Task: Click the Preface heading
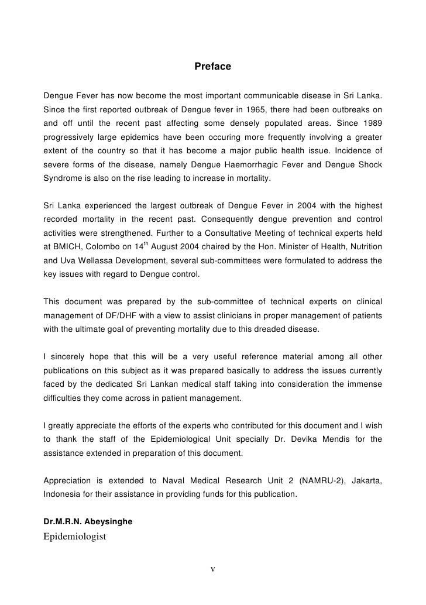[x=213, y=68]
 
